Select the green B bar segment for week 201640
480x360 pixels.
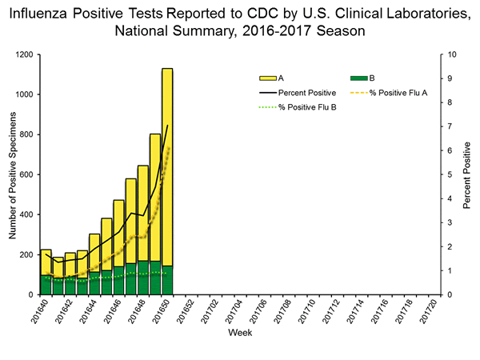click(x=46, y=285)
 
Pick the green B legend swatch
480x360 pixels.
click(x=360, y=78)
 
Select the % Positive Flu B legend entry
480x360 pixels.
click(x=306, y=107)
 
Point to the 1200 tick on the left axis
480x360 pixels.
click(x=26, y=54)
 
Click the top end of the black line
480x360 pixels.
click(x=167, y=126)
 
